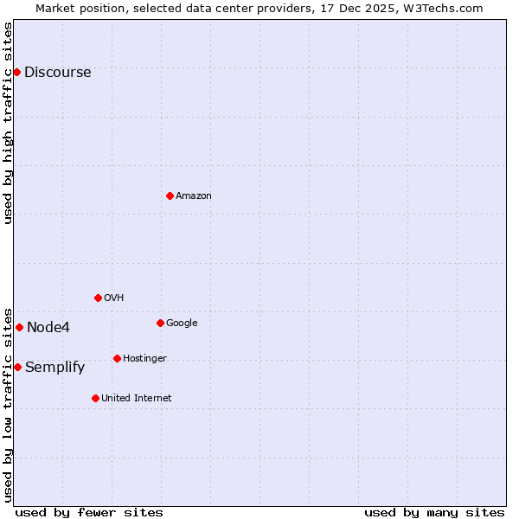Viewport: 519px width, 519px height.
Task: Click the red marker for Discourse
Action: [x=16, y=72]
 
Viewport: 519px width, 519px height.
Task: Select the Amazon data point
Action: [x=170, y=195]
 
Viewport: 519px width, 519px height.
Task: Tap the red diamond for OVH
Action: [x=98, y=298]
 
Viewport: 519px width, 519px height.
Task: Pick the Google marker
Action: [x=160, y=323]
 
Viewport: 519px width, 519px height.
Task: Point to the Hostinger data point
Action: [x=117, y=358]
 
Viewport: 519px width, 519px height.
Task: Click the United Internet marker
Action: [x=95, y=398]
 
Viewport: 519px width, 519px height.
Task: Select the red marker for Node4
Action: [x=19, y=327]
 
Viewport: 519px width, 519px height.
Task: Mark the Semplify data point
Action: [x=17, y=367]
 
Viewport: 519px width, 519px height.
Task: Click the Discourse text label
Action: [x=57, y=73]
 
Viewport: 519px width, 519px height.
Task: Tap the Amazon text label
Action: [x=194, y=196]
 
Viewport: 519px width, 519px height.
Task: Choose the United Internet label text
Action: [x=136, y=399]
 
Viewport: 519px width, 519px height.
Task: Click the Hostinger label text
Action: [x=144, y=359]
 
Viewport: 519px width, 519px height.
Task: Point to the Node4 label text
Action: [x=48, y=328]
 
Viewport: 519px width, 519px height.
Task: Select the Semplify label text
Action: [x=54, y=368]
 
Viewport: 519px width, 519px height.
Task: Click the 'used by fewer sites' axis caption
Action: [x=89, y=513]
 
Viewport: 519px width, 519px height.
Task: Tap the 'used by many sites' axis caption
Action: [x=434, y=513]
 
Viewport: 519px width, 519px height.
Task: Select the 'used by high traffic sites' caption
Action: [x=9, y=123]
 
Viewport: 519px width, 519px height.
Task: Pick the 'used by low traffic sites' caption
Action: [x=9, y=404]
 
